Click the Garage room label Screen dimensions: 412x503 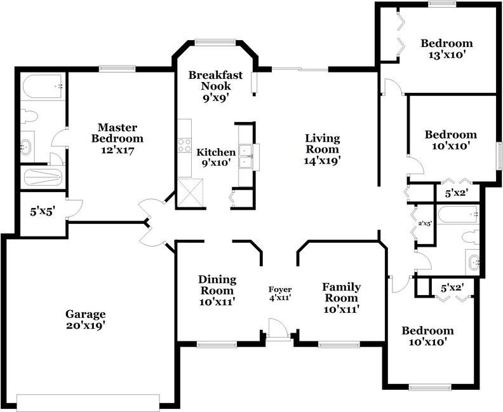[85, 320]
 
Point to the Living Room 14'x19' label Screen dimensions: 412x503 [322, 149]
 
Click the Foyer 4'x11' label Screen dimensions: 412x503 [280, 294]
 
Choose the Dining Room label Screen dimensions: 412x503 [217, 291]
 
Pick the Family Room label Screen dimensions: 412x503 [341, 298]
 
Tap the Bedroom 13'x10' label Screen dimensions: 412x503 [446, 49]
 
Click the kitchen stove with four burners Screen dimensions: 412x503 [185, 145]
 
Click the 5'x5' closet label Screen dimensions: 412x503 [42, 212]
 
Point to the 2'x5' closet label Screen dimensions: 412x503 [424, 224]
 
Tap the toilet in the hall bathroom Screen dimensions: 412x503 [471, 237]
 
